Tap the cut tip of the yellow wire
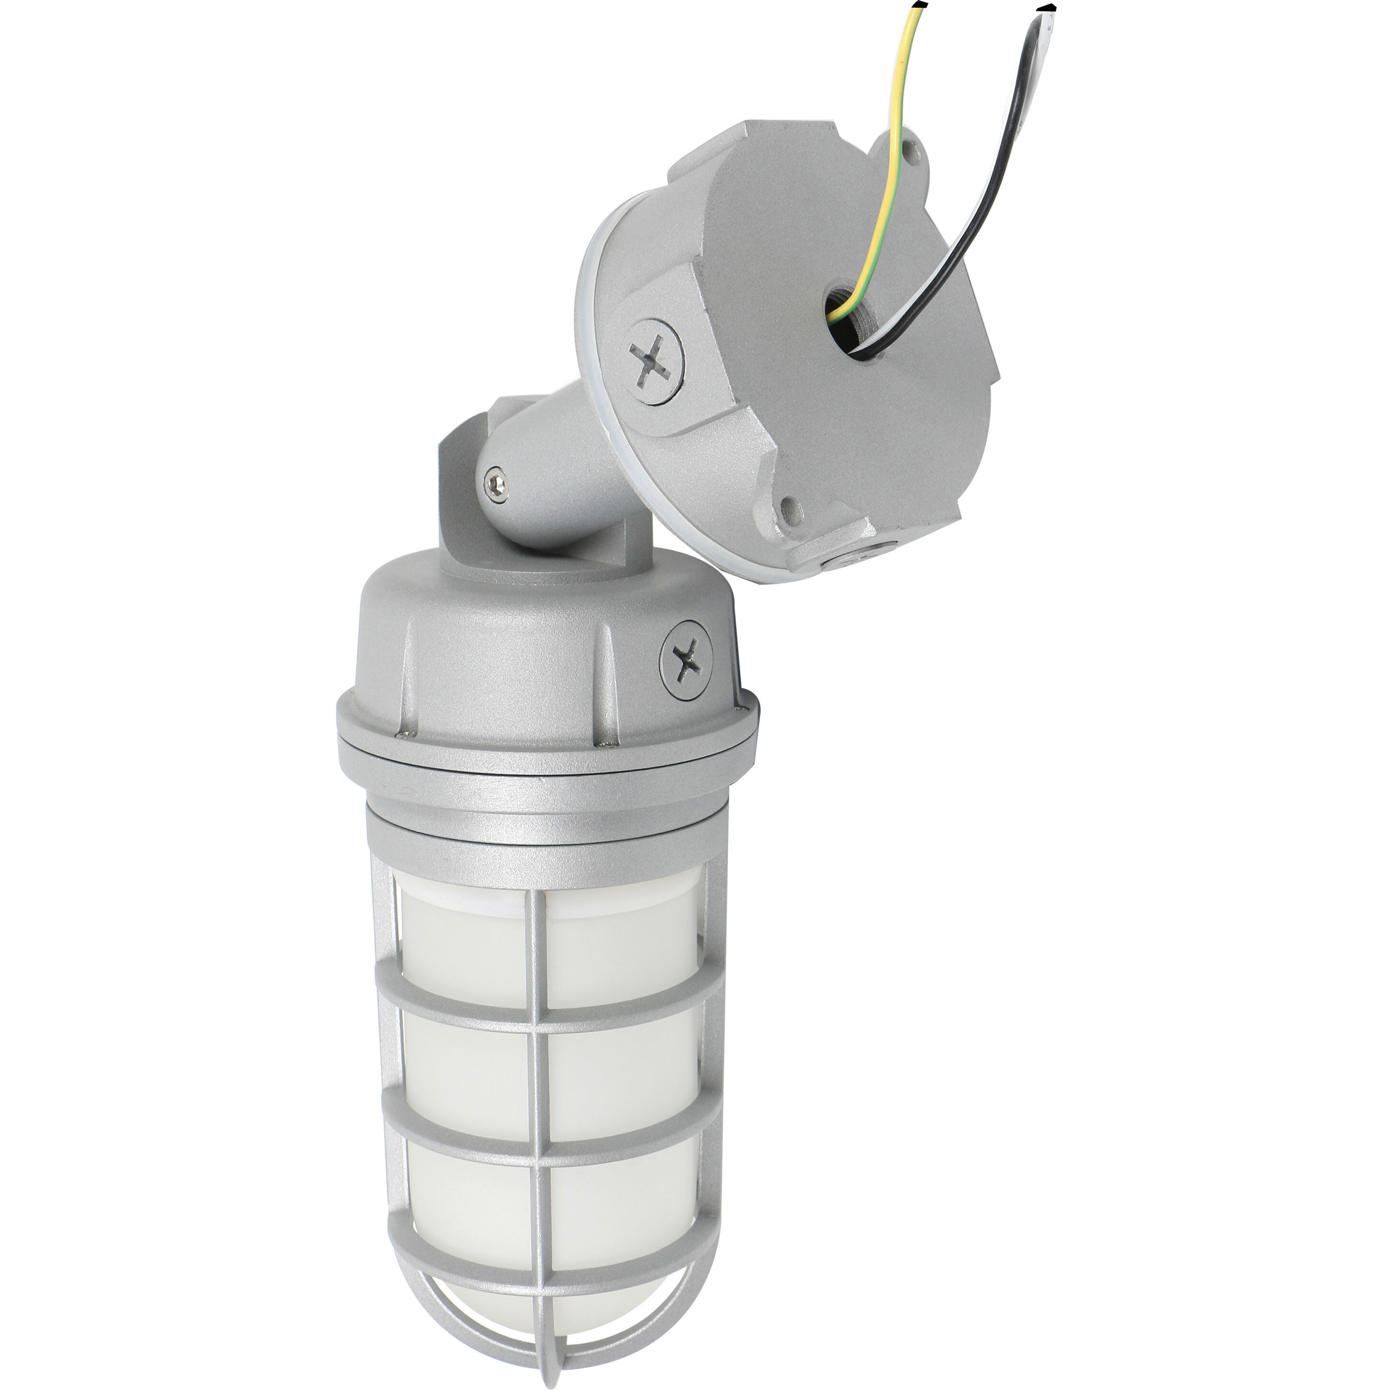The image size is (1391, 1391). [x=917, y=6]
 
